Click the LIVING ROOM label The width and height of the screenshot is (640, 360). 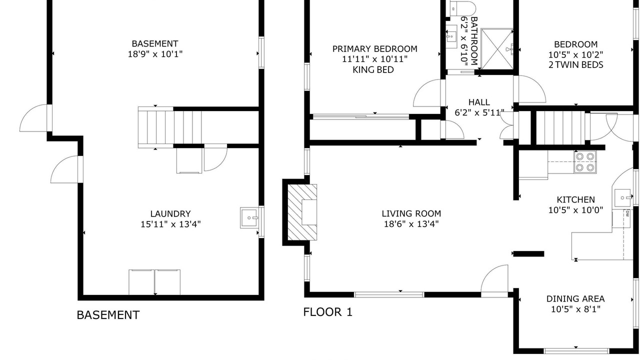(411, 213)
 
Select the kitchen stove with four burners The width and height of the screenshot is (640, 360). (585, 161)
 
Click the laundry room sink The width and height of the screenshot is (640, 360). (249, 217)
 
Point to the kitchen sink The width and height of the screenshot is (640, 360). (622, 197)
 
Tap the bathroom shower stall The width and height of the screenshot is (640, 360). (497, 49)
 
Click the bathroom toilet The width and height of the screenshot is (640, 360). (461, 8)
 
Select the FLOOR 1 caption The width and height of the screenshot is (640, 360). (327, 312)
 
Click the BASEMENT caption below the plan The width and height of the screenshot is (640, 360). (108, 315)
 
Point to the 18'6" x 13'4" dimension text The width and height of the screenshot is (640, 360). (411, 223)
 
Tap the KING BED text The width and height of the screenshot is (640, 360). (373, 69)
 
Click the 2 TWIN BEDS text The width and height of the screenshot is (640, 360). (575, 65)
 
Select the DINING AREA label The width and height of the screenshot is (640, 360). (575, 299)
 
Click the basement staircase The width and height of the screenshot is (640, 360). (169, 127)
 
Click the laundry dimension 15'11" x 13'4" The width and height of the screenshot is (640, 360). (170, 224)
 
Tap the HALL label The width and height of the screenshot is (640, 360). (479, 102)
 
